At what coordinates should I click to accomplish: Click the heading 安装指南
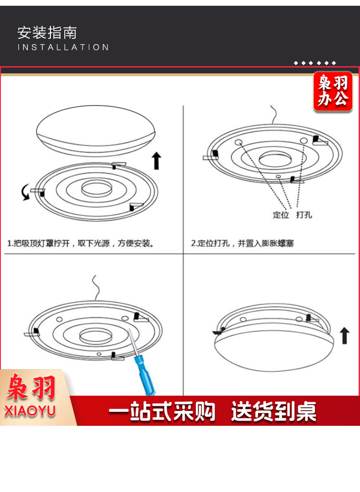[x=47, y=33]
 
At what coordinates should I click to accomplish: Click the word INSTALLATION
[x=63, y=47]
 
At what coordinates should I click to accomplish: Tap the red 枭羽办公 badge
[x=333, y=91]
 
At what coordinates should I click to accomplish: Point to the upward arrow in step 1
[x=156, y=161]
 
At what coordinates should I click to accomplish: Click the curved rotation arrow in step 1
[x=25, y=192]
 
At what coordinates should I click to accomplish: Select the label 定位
[x=280, y=215]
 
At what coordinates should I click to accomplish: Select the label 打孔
[x=304, y=215]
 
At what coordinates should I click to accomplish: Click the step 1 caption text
[x=81, y=243]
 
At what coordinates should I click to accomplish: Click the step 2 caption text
[x=242, y=243]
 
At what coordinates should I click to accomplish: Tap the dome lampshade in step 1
[x=96, y=130]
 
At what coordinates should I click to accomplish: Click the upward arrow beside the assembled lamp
[x=345, y=335]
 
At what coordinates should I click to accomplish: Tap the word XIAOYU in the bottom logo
[x=30, y=411]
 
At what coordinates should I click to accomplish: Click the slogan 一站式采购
[x=162, y=411]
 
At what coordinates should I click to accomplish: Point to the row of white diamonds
[x=315, y=63]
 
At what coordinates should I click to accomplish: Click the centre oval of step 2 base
[x=275, y=159]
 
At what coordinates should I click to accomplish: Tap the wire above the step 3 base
[x=96, y=288]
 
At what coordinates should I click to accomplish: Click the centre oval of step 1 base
[x=96, y=188]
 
